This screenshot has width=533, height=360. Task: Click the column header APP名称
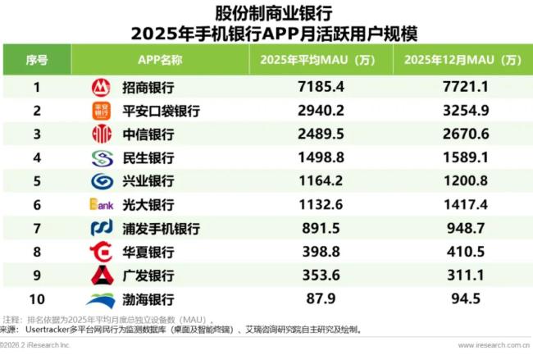(x=160, y=60)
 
